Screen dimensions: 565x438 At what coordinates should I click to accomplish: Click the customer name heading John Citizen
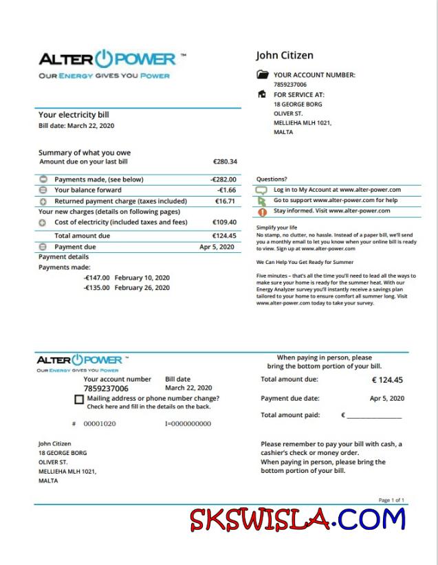tap(284, 56)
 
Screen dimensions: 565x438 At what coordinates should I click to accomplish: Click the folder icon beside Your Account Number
tap(262, 75)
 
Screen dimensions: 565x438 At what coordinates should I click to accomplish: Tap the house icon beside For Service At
tap(262, 94)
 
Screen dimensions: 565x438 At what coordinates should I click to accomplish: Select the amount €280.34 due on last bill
tap(225, 162)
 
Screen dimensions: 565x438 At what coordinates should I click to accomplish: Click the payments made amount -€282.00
tap(223, 179)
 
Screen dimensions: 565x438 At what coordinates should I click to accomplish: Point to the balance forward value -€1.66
tap(227, 190)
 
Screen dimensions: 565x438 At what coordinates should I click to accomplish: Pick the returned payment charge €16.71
tap(226, 201)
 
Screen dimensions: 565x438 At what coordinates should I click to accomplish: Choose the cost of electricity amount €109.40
tap(224, 223)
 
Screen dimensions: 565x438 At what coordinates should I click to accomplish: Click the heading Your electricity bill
tap(74, 115)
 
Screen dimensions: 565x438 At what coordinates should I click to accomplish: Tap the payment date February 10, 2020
tap(142, 278)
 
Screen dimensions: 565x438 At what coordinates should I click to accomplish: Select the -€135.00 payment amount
tap(96, 288)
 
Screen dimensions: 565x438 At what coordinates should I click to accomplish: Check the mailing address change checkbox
tap(79, 399)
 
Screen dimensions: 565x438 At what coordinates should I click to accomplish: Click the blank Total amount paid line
tap(374, 416)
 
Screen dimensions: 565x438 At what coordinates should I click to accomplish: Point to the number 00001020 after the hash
tap(100, 424)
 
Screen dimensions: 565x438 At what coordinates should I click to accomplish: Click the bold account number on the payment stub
tap(106, 388)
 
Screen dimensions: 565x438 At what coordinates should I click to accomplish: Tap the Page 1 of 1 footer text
tap(391, 500)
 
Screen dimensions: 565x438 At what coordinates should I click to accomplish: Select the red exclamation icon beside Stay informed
tap(262, 212)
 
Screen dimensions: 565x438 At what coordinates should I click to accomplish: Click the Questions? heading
tap(272, 179)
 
